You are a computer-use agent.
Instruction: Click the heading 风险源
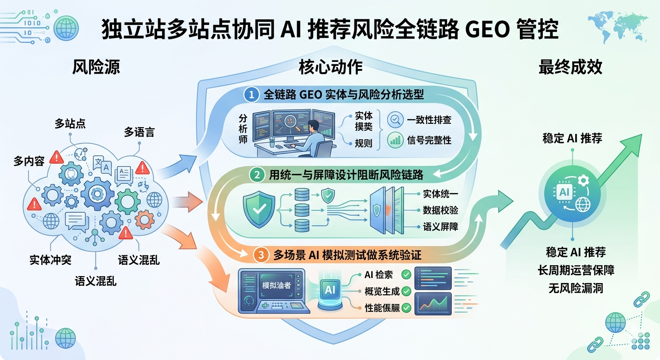point(96,67)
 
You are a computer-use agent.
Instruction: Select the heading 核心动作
point(330,67)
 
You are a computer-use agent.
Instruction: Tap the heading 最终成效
point(570,67)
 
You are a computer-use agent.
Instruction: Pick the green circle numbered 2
point(257,175)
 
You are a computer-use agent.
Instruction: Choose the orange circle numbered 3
point(261,255)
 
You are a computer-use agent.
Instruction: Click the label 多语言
point(139,132)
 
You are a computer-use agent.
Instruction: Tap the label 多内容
point(29,162)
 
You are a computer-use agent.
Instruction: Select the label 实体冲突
point(50,260)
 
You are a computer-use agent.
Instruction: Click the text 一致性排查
point(429,120)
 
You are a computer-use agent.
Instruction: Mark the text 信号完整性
point(429,140)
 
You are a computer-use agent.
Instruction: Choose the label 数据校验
point(440,210)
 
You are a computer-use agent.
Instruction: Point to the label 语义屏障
point(440,227)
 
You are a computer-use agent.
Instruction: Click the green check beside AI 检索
point(406,274)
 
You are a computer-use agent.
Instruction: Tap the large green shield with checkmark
point(259,210)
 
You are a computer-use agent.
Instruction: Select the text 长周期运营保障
point(576,270)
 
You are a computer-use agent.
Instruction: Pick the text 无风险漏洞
point(576,288)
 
